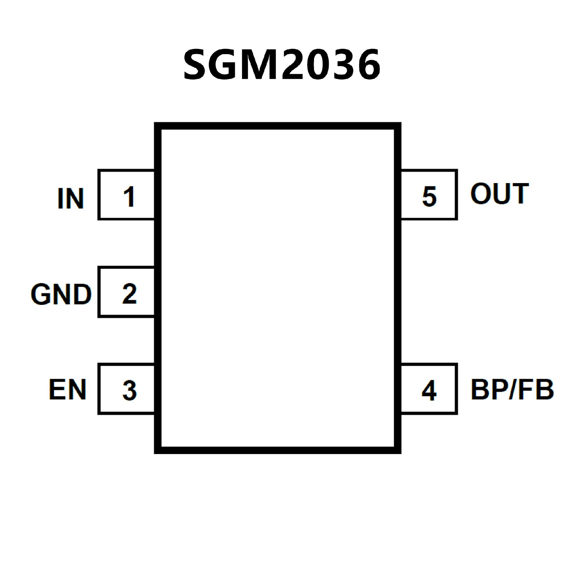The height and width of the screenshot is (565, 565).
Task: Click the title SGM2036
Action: pos(282,64)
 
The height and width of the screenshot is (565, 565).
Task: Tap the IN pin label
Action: pos(71,199)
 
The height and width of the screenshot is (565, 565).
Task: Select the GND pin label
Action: pos(61,294)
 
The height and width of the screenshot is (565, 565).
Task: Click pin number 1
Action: pos(129,197)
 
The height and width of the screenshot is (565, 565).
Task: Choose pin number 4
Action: pos(429,390)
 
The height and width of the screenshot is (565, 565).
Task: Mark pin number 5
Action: pos(429,197)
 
